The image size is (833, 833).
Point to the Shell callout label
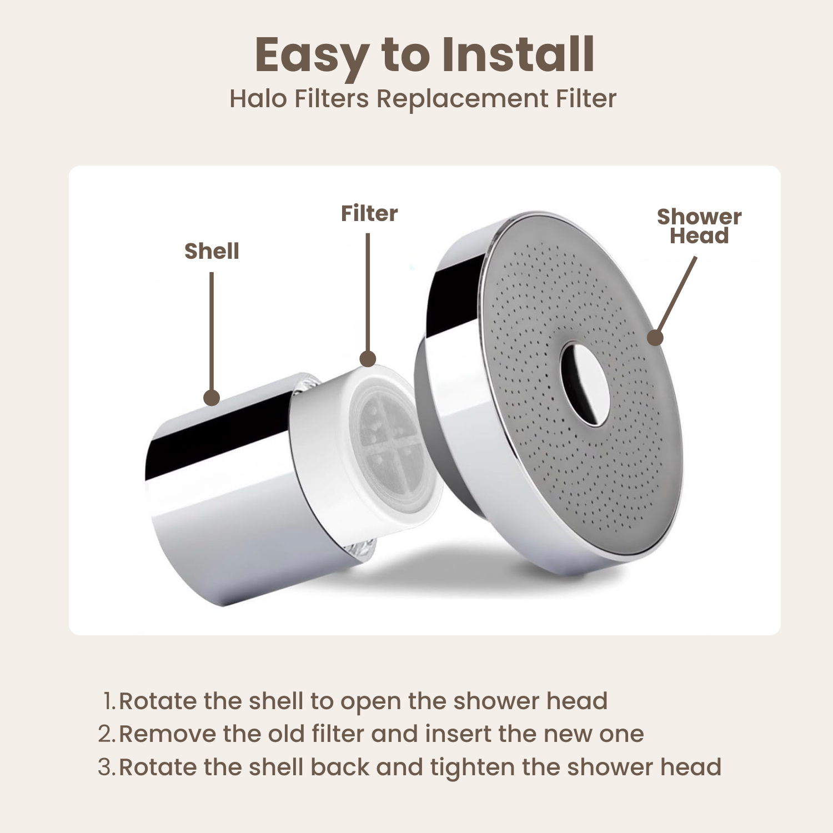(212, 251)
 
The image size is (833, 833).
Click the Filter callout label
(369, 213)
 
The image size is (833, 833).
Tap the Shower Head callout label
(699, 226)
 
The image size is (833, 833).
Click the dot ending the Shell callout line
(212, 398)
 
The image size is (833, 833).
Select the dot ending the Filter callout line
(368, 359)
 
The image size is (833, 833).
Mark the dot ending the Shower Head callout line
(655, 337)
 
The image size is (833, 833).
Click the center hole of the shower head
(585, 384)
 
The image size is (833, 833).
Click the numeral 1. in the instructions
(110, 701)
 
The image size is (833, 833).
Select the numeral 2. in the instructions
(107, 734)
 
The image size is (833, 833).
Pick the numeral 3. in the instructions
(107, 767)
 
